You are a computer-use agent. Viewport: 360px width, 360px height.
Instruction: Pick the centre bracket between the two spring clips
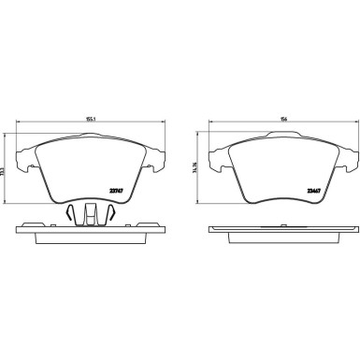point(92,213)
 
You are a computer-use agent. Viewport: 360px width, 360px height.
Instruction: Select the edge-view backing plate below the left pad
point(92,234)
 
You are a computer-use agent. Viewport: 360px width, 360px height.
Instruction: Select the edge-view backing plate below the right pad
point(280,234)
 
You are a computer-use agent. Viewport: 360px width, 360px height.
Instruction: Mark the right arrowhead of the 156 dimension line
point(352,124)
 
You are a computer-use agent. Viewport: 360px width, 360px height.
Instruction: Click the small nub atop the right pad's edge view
point(280,224)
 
